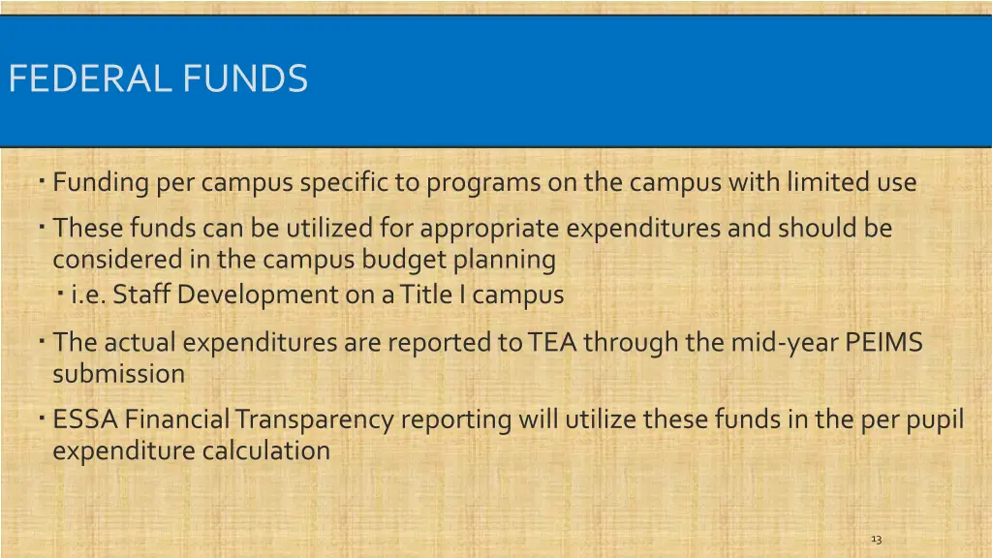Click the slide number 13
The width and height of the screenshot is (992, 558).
click(x=876, y=539)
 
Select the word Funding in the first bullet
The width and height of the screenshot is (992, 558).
click(x=101, y=182)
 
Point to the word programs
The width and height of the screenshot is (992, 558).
click(x=476, y=182)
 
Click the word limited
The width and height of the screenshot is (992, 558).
click(x=821, y=182)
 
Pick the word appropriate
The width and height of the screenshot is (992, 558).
click(x=490, y=229)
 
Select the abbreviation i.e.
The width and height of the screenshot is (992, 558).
click(x=88, y=294)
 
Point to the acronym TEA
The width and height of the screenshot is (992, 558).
click(x=552, y=343)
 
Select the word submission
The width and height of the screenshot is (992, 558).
click(x=118, y=374)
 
